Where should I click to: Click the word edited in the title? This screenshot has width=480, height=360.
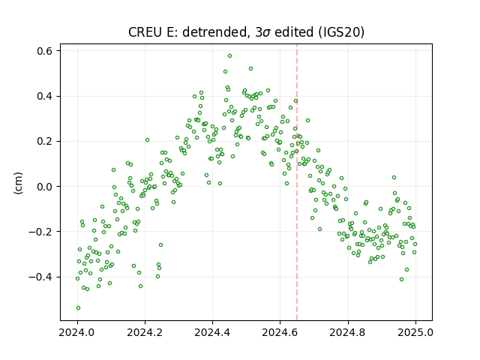tap(294, 32)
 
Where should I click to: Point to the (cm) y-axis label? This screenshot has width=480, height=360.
tap(18, 183)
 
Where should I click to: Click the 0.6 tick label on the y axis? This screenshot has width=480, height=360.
tap(44, 51)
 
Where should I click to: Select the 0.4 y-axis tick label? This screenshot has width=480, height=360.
tap(44, 96)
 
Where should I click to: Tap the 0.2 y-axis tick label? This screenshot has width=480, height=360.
tap(44, 142)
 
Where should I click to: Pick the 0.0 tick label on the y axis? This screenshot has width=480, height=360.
tap(44, 187)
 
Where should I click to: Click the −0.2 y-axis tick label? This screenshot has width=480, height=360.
tap(40, 232)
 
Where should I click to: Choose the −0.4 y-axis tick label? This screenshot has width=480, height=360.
tap(40, 277)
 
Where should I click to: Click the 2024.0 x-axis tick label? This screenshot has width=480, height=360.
tap(77, 332)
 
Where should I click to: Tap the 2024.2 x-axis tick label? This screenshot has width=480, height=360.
tap(145, 332)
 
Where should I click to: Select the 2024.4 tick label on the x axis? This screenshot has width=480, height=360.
tap(212, 332)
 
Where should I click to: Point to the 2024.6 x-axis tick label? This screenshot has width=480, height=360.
tap(280, 332)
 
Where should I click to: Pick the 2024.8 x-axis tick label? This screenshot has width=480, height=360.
tap(348, 332)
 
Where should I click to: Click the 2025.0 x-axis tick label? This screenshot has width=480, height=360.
tap(415, 332)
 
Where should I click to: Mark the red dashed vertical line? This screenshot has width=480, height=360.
tap(297, 182)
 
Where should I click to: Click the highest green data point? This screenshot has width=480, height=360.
tap(229, 56)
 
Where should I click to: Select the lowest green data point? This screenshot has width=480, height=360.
tap(78, 308)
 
